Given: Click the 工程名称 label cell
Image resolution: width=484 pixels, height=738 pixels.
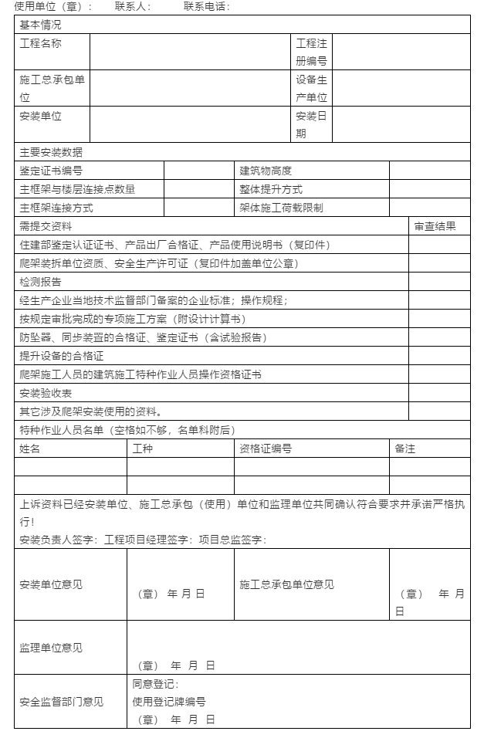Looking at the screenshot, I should (x=40, y=44).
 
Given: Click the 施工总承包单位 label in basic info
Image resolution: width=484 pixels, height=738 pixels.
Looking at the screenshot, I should (x=52, y=88).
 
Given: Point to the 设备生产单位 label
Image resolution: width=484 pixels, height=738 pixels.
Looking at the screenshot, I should (x=312, y=88).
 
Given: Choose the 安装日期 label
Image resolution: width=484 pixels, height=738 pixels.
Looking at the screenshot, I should (x=312, y=124).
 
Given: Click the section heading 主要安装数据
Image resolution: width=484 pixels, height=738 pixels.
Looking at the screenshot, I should (x=51, y=152).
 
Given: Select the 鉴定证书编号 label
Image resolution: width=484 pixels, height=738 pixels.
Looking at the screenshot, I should (x=51, y=171).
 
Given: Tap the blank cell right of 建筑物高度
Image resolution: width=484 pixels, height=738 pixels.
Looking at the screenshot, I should (x=429, y=171).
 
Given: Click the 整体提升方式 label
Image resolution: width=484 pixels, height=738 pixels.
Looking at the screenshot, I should (x=271, y=189).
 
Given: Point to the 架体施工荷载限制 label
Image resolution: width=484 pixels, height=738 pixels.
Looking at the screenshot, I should (x=281, y=208).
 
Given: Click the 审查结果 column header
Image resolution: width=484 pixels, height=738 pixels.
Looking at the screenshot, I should (x=435, y=226).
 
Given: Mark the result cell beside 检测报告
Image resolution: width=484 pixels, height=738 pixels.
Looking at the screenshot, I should (x=438, y=282).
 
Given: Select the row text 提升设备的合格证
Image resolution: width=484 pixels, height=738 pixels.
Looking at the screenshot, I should (x=62, y=356).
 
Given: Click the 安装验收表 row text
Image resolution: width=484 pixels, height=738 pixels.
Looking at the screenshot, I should (x=46, y=393).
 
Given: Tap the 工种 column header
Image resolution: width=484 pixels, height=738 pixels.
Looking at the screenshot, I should (x=143, y=449).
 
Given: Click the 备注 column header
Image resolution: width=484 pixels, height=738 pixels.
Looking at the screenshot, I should (x=405, y=449).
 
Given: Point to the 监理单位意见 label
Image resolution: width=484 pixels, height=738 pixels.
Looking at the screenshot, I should (x=51, y=648).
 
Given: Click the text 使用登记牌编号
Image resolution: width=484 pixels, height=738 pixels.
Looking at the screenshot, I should (x=169, y=702).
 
